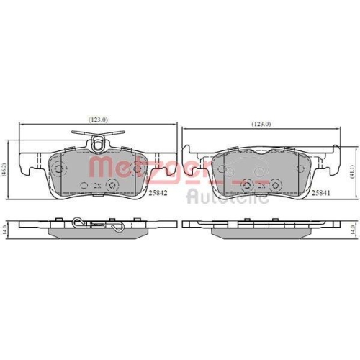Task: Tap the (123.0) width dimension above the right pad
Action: click(x=261, y=125)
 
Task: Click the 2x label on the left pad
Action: click(x=96, y=186)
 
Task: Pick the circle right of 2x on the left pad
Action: click(x=111, y=186)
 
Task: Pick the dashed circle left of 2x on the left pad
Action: click(x=81, y=185)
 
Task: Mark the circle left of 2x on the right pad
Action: click(x=248, y=185)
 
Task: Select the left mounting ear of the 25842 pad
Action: click(x=31, y=167)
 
